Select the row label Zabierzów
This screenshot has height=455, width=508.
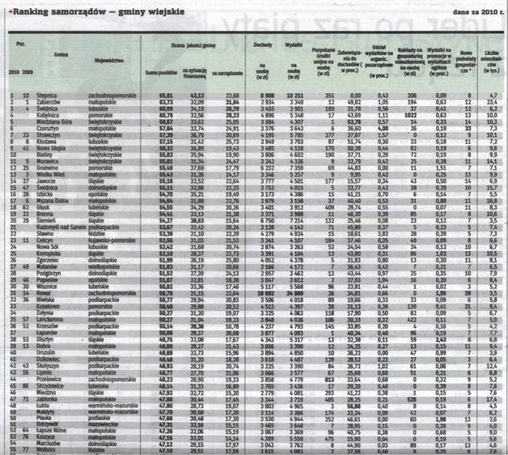pyautogui.click(x=49, y=102)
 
